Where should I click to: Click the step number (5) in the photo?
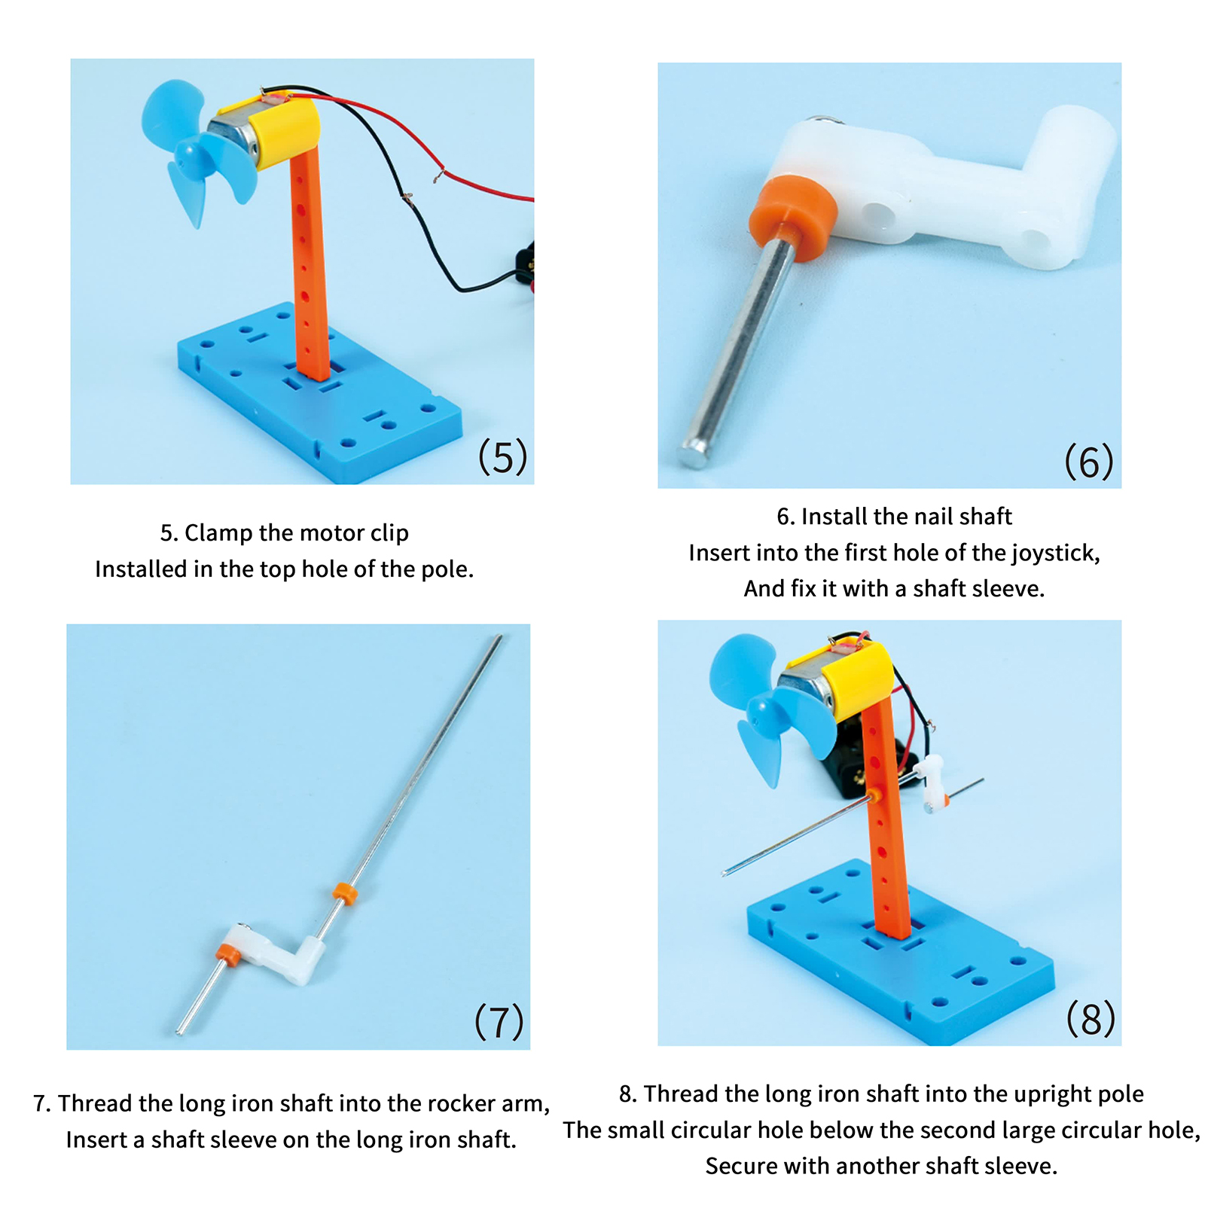pos(503,457)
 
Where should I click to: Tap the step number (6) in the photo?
pos(1089,461)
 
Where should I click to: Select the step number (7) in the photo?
pos(499,1021)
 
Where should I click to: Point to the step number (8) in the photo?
pos(1091,1019)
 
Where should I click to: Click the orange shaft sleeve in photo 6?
pos(792,217)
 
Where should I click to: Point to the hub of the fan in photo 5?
pos(188,156)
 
